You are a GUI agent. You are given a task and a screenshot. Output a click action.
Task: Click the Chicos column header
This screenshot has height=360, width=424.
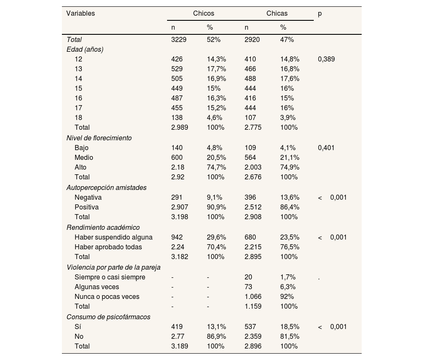204,13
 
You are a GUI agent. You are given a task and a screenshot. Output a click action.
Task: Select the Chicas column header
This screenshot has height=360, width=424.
277,13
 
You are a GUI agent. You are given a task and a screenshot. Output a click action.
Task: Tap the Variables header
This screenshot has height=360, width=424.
81,13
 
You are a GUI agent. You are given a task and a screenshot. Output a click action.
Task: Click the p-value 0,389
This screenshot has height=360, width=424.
326,59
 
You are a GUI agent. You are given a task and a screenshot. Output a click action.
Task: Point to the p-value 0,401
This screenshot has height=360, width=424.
326,148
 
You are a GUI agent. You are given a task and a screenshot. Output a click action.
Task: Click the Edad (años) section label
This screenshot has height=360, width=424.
85,49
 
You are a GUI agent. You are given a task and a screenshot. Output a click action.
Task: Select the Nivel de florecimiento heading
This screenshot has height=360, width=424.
99,138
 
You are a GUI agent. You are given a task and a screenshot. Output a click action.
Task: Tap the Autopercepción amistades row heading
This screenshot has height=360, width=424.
106,187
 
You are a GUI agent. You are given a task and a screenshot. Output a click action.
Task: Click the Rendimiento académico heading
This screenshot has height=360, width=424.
103,227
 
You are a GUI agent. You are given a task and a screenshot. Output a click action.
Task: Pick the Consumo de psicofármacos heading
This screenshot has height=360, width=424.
108,317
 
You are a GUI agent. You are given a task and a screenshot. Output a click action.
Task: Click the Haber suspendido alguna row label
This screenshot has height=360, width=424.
113,237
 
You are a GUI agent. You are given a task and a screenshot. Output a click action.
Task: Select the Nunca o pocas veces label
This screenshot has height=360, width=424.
107,297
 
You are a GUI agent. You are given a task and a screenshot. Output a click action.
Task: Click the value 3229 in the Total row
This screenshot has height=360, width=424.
179,39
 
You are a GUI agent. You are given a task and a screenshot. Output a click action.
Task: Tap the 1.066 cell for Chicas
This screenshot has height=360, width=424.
253,297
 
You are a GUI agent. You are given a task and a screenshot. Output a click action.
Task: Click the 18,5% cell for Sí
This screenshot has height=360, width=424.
290,327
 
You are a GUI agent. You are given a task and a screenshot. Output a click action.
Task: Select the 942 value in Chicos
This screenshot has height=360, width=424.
177,237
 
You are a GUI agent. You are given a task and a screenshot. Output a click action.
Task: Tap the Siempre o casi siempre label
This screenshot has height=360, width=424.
110,277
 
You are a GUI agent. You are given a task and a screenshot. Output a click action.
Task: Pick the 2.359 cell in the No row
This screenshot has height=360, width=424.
253,337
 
